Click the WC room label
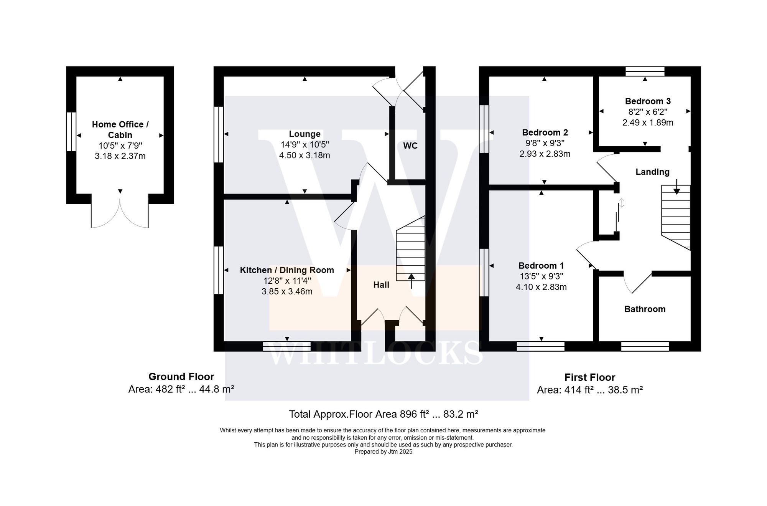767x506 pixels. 410,146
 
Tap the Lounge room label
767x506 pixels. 304,134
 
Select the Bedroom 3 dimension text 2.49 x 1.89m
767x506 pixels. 647,122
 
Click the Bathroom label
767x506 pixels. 645,309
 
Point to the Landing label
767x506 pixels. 652,172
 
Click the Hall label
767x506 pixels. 381,285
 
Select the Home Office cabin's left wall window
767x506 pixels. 71,132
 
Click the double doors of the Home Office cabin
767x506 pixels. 120,213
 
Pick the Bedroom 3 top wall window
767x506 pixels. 645,71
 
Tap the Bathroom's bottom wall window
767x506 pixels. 645,346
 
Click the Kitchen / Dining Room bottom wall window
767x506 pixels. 286,346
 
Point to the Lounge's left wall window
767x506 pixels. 218,134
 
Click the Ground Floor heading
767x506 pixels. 181,377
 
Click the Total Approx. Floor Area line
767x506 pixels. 383,414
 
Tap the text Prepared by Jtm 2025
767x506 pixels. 383,452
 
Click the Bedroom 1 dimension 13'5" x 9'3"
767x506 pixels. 541,276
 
